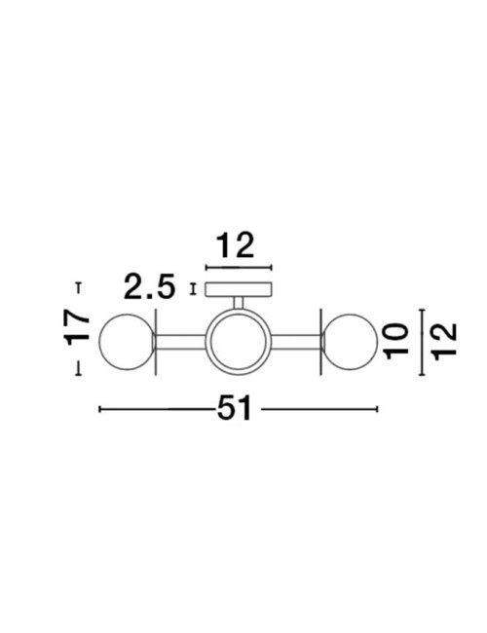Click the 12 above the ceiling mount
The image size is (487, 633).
click(x=238, y=245)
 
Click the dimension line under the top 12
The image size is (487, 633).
click(x=238, y=265)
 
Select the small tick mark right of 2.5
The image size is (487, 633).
click(x=194, y=287)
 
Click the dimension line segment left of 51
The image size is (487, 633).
click(x=156, y=409)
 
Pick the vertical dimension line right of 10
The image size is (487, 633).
click(x=420, y=342)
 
